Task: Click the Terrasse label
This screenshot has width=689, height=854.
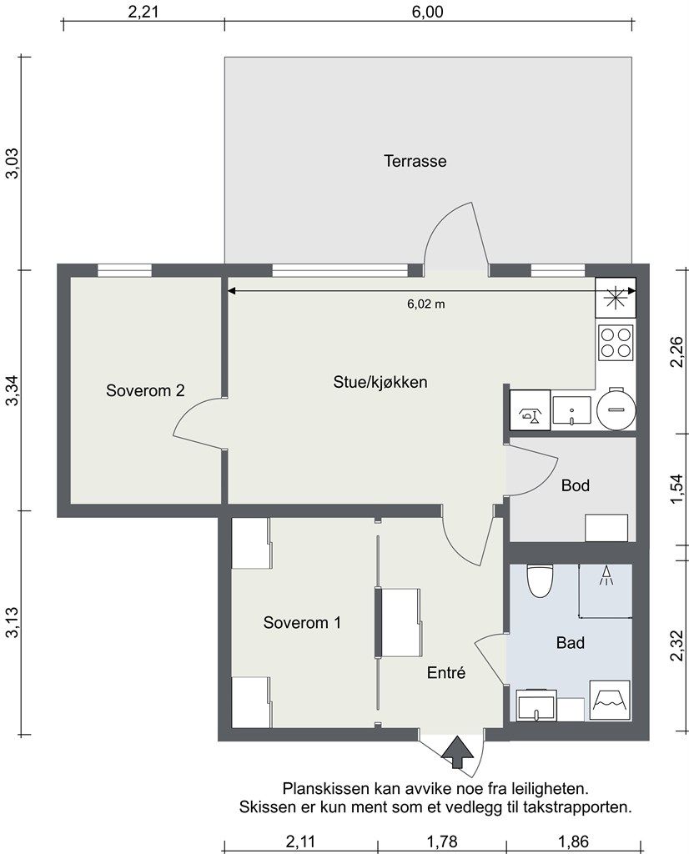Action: tap(415, 161)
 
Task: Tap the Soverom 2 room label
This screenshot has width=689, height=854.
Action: tap(145, 390)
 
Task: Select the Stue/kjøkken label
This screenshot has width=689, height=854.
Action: tap(380, 382)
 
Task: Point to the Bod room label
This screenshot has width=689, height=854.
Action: tap(576, 485)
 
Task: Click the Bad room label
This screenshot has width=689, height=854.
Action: tap(571, 643)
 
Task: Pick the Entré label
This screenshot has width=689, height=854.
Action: tap(446, 673)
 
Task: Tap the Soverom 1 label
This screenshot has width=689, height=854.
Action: tap(302, 622)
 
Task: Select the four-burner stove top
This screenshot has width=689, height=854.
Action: tap(616, 343)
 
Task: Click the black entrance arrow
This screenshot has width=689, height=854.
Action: tap(458, 752)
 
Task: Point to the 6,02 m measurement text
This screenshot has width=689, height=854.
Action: tap(426, 304)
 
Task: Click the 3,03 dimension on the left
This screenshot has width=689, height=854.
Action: tap(12, 163)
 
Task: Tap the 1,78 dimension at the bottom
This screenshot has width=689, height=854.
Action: tap(442, 842)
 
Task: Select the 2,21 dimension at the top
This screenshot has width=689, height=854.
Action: tap(143, 12)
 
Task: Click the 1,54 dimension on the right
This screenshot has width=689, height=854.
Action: tap(676, 489)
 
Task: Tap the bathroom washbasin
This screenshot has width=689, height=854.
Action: tap(536, 706)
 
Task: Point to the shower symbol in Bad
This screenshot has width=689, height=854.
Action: tap(606, 575)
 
